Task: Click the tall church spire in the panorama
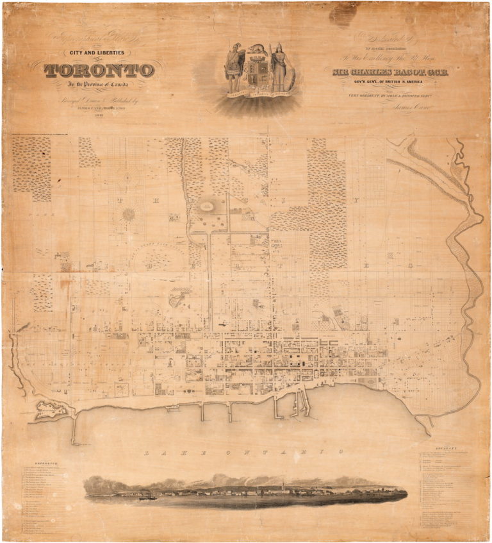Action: (281, 482)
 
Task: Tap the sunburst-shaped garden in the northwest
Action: (129, 214)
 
